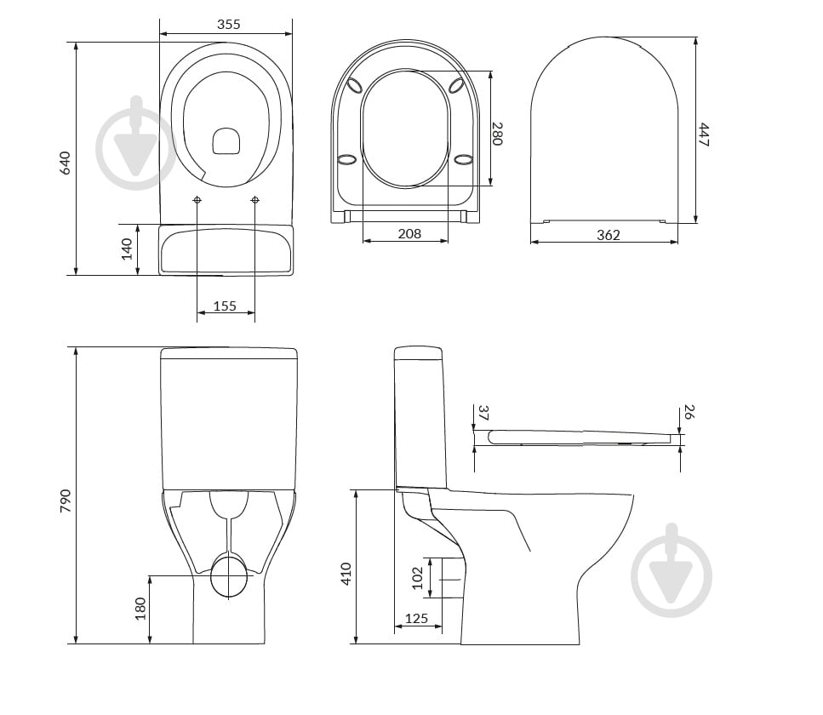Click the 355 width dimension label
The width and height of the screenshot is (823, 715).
pos(228,24)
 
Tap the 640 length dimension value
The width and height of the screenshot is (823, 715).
pos(65,163)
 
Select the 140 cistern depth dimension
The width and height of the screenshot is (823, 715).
pos(127,249)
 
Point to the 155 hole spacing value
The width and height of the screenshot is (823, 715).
pos(225,306)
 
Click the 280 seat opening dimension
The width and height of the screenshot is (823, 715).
pos(496,134)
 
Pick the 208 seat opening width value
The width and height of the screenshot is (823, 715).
pos(409,233)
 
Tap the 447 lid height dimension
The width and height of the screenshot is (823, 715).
pos(703,134)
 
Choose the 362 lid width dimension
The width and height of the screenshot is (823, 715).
pos(608,235)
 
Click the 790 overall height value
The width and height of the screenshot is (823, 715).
pos(65,500)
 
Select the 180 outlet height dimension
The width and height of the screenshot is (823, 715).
pos(140,609)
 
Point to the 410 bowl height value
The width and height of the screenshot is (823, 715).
pos(346,574)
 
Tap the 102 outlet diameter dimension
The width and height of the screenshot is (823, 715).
pos(417,578)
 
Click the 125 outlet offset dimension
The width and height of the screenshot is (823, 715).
pos(416,619)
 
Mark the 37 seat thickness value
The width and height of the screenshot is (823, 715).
pos(483,413)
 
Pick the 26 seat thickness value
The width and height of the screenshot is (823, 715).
pos(689,412)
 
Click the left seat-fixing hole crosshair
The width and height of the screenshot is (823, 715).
pos(197,200)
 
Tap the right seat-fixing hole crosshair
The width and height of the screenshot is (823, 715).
pos(255,200)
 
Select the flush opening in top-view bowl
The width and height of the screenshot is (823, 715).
pos(226,140)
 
